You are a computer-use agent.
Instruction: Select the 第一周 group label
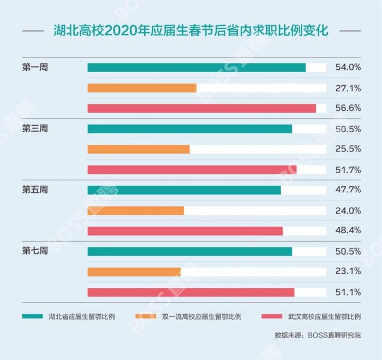(x=35, y=68)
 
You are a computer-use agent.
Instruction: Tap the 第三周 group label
(x=35, y=129)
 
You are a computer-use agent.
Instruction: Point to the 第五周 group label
(x=35, y=190)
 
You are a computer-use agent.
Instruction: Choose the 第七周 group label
(x=35, y=251)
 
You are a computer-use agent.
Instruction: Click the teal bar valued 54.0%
(x=196, y=68)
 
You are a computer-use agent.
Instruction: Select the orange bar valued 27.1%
(x=142, y=88)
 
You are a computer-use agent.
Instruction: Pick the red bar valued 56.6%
(x=201, y=108)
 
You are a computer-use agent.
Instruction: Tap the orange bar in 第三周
(x=139, y=149)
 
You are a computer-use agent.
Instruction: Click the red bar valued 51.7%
(x=192, y=169)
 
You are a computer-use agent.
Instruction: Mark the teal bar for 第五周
(x=184, y=190)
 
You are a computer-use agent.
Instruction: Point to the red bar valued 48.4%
(x=185, y=231)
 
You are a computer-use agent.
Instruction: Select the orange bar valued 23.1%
(x=134, y=272)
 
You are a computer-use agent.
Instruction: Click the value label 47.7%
(x=348, y=190)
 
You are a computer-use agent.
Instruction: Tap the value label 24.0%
(x=348, y=210)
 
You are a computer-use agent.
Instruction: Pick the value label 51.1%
(x=348, y=292)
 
